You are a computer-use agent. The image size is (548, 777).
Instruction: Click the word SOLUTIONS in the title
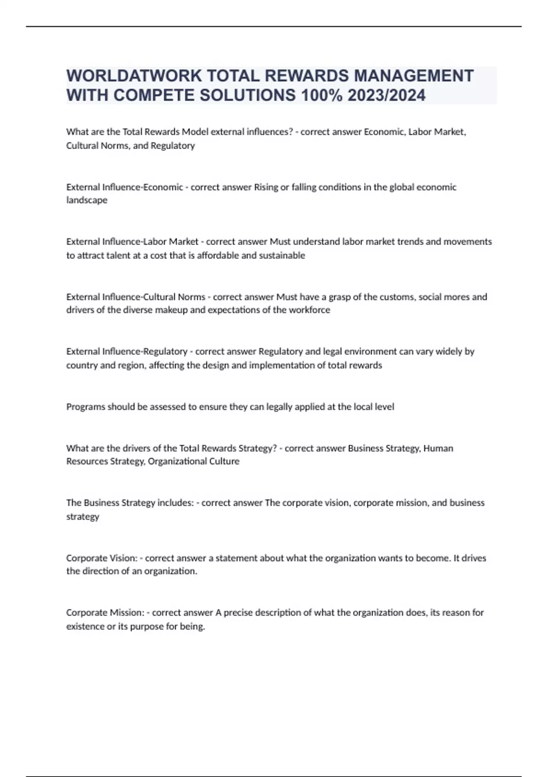(x=248, y=96)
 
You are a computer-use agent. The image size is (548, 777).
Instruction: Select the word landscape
(x=87, y=200)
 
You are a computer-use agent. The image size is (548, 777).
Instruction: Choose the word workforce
(x=309, y=310)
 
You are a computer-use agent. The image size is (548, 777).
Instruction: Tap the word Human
(x=438, y=448)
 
